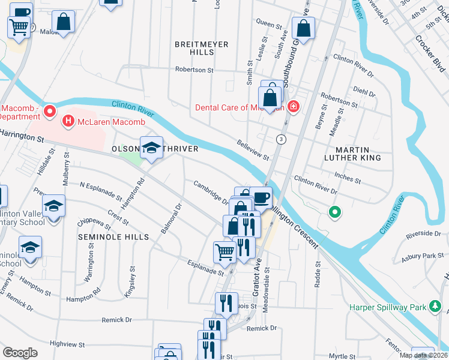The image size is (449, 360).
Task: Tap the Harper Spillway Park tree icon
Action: [435, 308]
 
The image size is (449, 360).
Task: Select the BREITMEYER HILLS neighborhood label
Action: [194, 48]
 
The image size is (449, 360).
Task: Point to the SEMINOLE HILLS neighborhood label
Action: [113, 237]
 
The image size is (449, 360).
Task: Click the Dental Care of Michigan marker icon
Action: [293, 108]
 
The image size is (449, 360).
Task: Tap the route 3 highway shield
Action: [280, 139]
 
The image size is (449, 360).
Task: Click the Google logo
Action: [20, 352]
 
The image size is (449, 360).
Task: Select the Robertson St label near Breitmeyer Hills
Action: [194, 70]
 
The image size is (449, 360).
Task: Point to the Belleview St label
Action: [253, 150]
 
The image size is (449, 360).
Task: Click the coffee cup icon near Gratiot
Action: [261, 197]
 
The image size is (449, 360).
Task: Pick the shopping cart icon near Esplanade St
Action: [224, 251]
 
